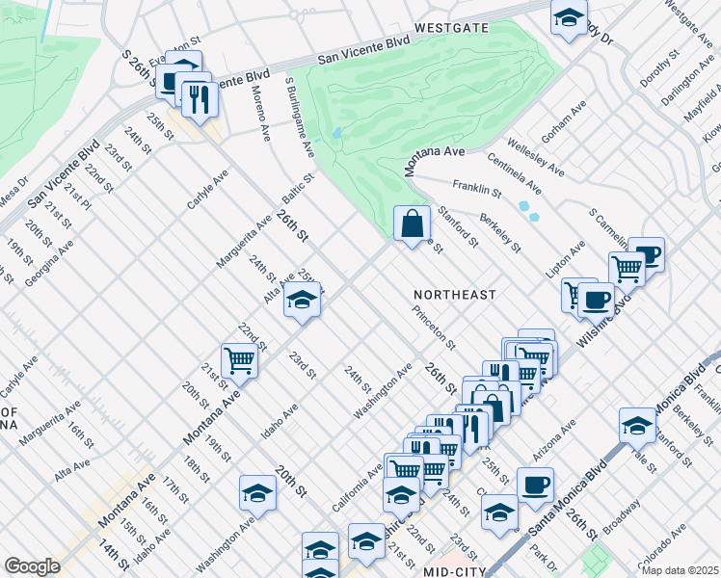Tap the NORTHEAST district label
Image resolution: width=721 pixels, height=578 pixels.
coord(454,294)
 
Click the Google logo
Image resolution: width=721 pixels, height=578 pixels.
coord(32,566)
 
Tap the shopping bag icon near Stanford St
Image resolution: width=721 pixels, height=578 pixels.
coord(412,223)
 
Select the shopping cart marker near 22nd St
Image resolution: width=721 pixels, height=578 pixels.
coord(239,360)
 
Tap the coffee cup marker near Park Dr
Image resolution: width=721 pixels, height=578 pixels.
coord(535,485)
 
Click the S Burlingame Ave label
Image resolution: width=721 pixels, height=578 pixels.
coord(299,118)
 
